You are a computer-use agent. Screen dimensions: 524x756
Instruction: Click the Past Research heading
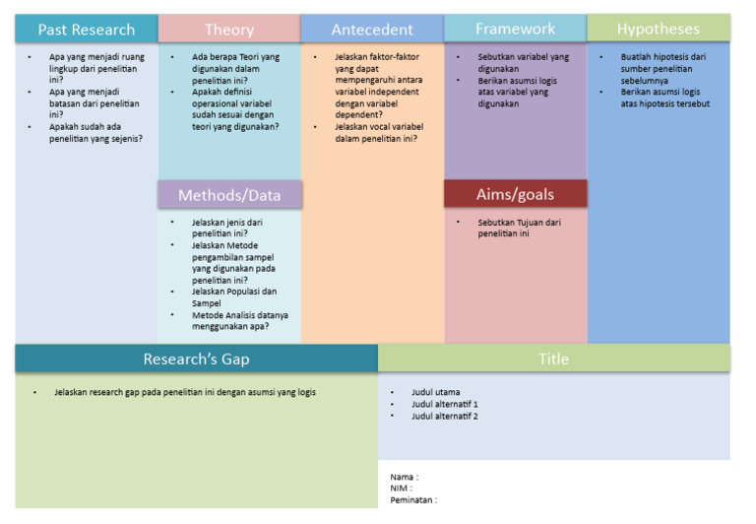coord(86,30)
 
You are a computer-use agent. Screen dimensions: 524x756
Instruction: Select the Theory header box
coord(228,30)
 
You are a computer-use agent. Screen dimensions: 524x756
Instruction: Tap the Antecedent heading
coord(372,30)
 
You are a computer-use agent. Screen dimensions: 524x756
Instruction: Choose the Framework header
coord(515,29)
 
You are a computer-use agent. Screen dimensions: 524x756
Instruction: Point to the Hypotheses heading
coord(658,29)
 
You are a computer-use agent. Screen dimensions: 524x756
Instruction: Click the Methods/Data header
coord(229,195)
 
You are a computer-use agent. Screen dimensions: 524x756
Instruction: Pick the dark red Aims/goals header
coord(515,194)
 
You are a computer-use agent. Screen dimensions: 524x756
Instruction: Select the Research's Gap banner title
coord(196,359)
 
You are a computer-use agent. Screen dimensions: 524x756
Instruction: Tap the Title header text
coord(553,359)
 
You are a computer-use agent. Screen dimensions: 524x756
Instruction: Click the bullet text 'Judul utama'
coord(435,392)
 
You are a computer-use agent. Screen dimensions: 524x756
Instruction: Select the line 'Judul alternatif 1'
coord(444,404)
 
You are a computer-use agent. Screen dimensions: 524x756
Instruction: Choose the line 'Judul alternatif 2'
coord(444,416)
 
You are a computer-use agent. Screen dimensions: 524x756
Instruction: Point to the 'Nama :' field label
coord(404,477)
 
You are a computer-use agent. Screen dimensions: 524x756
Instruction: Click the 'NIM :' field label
coord(401,489)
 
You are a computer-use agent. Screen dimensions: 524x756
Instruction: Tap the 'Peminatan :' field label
coord(413,500)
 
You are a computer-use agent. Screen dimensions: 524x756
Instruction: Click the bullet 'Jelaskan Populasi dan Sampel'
coord(234,296)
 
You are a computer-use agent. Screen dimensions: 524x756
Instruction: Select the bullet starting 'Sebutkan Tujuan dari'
coord(519,228)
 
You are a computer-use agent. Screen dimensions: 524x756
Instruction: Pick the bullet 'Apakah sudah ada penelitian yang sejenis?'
coord(95,132)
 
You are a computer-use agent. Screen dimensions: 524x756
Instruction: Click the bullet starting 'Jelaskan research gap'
coord(185,392)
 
